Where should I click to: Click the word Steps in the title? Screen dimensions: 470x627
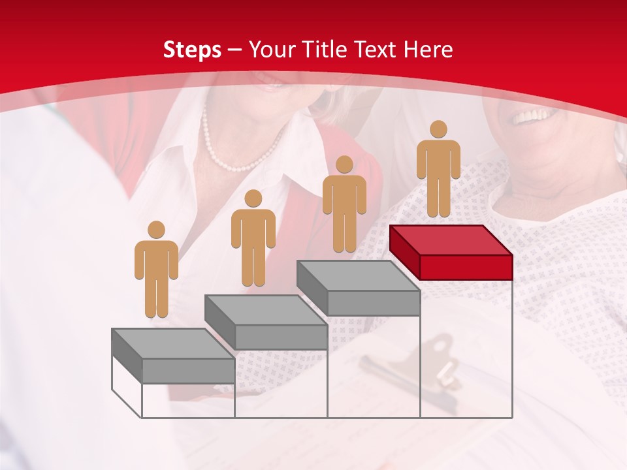click(x=192, y=50)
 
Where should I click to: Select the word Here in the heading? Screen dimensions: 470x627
click(x=428, y=50)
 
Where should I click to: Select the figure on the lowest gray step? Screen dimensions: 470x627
click(x=156, y=271)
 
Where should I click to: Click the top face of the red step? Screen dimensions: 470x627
click(x=450, y=240)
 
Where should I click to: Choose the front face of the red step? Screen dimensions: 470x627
click(x=466, y=267)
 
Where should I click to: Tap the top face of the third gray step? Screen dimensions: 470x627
click(x=357, y=275)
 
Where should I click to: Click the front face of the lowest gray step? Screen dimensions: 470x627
click(x=188, y=370)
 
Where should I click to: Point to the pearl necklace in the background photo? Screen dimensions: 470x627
click(x=236, y=157)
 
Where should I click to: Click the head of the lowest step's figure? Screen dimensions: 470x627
click(x=156, y=230)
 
